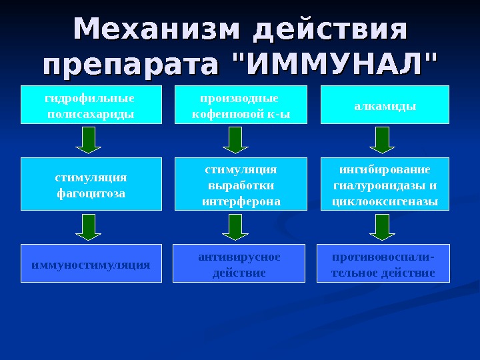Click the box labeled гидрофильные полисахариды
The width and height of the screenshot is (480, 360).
pyautogui.click(x=91, y=105)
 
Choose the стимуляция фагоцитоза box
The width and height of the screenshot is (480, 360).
pyautogui.click(x=91, y=184)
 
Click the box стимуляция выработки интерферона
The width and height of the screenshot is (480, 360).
pyautogui.click(x=241, y=184)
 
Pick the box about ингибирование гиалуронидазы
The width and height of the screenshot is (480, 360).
pyautogui.click(x=385, y=184)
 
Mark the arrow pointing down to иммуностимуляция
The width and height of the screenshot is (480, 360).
pyautogui.click(x=88, y=226)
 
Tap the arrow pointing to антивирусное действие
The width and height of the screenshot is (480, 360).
pyautogui.click(x=235, y=226)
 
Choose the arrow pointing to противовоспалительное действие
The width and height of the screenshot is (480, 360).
pyautogui.click(x=382, y=226)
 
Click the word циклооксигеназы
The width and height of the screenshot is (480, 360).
pyautogui.click(x=385, y=201)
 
